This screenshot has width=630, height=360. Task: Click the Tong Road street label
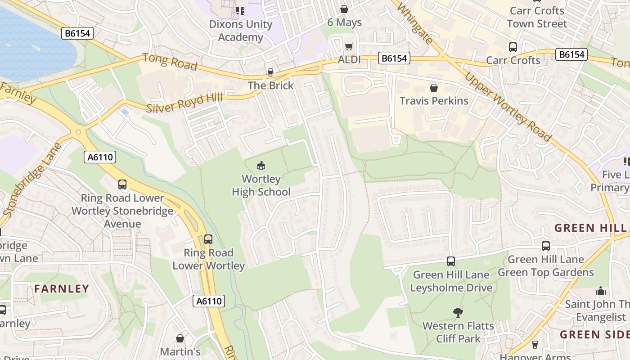(170, 62)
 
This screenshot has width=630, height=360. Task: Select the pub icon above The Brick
(270, 72)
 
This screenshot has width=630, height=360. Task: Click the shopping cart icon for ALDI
(349, 47)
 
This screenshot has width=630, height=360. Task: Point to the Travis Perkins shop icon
(434, 87)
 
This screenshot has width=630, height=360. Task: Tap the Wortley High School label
(261, 185)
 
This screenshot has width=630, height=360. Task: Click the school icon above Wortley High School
(261, 165)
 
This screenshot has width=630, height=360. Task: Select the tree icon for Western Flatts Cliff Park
(458, 312)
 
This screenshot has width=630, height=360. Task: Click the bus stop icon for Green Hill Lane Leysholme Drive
(451, 261)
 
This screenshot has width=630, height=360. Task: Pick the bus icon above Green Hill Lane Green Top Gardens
(546, 246)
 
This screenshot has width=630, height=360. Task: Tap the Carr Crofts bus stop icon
(513, 47)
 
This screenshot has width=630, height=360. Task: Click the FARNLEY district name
(62, 289)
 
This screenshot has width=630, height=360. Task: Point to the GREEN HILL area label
(584, 228)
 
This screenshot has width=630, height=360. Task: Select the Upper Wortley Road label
(508, 106)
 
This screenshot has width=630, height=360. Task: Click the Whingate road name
(414, 24)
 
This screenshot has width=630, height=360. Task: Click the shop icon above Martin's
(180, 338)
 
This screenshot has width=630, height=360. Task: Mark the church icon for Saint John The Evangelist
(601, 291)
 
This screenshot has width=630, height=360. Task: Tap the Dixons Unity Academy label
(241, 31)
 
